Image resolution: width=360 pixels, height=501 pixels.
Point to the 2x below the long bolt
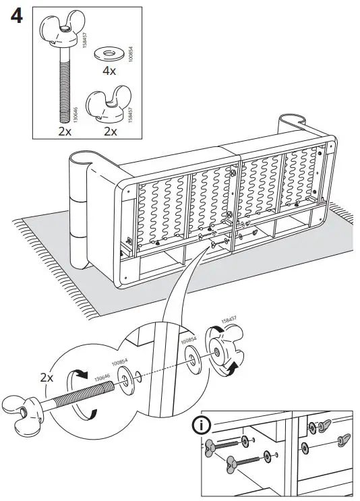point(64,131)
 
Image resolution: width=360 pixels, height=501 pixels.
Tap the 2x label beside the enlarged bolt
point(47,378)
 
